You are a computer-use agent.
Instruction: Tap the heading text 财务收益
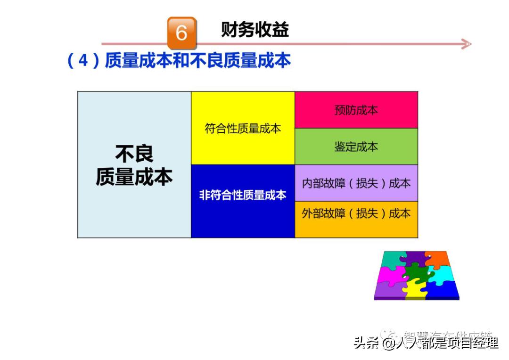tap(254, 30)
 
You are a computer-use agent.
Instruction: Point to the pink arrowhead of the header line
tap(466, 44)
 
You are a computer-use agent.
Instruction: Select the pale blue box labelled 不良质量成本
tap(134, 164)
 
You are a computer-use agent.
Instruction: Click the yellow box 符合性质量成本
tap(243, 128)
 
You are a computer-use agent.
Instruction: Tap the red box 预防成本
tap(356, 110)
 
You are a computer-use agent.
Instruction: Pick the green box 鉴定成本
tap(356, 147)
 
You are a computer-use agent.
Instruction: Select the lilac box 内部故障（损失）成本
tap(356, 183)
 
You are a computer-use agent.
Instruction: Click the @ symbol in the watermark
tap(388, 344)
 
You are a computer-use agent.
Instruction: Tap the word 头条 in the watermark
tap(366, 343)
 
